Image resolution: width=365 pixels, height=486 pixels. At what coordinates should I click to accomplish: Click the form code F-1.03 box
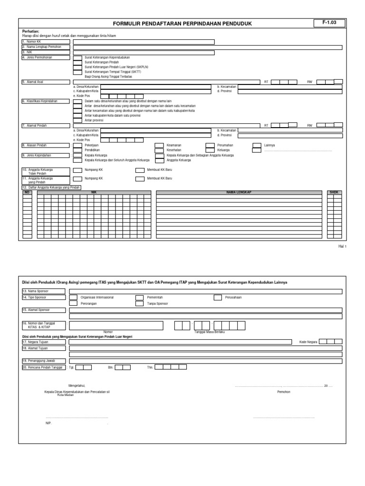(x=329, y=23)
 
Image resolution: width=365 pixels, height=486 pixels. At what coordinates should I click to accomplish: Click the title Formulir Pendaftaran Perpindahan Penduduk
(x=182, y=24)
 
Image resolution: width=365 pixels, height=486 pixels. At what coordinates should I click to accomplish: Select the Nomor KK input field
(x=144, y=42)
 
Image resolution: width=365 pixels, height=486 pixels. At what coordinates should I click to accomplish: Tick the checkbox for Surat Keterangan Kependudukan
(x=77, y=57)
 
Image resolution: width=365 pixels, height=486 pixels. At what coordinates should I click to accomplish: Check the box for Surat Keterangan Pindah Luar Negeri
(x=77, y=67)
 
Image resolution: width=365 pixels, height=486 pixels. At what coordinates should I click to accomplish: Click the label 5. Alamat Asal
(x=30, y=82)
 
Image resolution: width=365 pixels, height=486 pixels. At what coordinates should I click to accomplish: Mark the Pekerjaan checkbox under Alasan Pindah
(x=77, y=145)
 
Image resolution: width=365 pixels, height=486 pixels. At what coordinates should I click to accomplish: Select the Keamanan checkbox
(x=160, y=145)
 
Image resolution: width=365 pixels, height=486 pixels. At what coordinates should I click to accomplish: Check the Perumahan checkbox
(x=210, y=145)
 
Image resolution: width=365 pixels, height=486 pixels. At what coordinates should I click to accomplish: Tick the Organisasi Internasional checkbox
(x=74, y=298)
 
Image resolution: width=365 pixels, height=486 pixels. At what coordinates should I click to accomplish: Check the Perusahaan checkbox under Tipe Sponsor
(x=217, y=298)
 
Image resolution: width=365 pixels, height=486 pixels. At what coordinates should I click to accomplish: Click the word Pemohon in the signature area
(x=284, y=392)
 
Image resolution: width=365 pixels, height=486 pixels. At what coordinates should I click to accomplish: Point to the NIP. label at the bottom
(x=48, y=422)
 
